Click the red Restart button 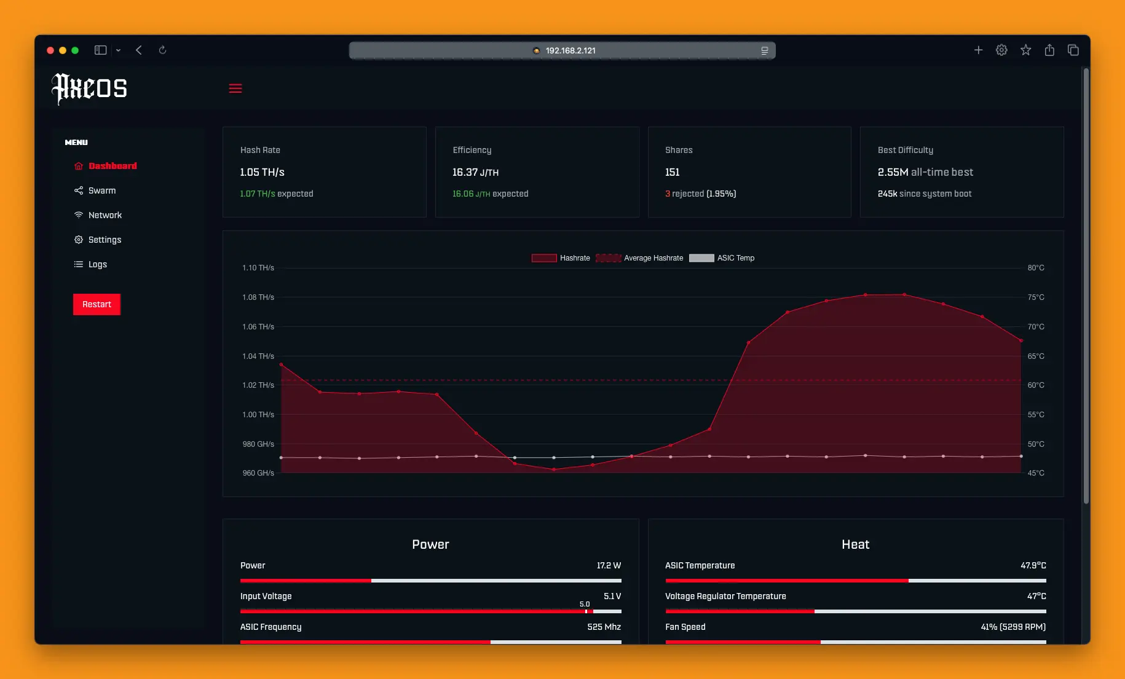(x=97, y=304)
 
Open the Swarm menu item (x=101, y=190)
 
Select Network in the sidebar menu (x=105, y=215)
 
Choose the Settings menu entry (x=105, y=240)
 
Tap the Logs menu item (x=97, y=264)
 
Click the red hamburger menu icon (x=235, y=88)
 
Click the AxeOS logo (x=90, y=88)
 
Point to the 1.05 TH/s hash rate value (x=262, y=172)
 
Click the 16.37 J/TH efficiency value (x=475, y=172)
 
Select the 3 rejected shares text (x=700, y=194)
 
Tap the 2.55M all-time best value (x=925, y=172)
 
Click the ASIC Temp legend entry (x=722, y=258)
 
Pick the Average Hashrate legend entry (x=640, y=258)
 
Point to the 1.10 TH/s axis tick (x=258, y=268)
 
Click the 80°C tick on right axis (x=1036, y=268)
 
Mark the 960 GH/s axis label (x=258, y=473)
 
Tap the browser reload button (x=162, y=50)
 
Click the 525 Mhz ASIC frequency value (x=604, y=627)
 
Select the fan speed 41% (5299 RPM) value (x=1012, y=627)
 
